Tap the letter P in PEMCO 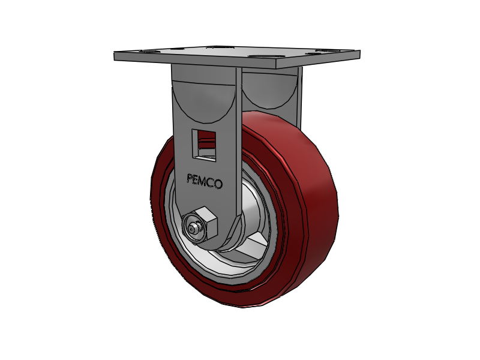(190, 179)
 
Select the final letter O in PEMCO (218, 184)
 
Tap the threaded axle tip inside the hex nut (193, 229)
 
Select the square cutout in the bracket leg (204, 145)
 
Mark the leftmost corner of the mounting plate (115, 55)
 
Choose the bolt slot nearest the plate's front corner (264, 57)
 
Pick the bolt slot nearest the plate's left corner (148, 52)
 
